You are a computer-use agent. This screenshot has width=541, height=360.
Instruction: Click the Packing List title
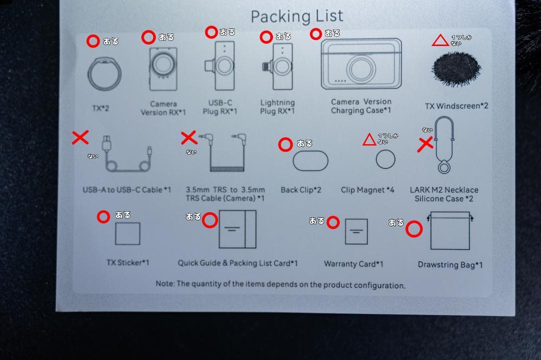click(x=297, y=17)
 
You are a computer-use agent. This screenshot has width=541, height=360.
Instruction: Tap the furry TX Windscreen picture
click(x=456, y=69)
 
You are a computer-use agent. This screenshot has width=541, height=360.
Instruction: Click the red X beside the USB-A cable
click(x=80, y=137)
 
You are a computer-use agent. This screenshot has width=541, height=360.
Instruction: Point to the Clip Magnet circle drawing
click(x=385, y=159)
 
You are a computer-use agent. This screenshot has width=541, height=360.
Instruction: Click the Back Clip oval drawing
click(x=311, y=161)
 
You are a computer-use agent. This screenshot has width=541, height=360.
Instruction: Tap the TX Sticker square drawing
click(x=128, y=233)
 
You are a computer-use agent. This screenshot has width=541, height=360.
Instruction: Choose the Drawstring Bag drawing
click(x=450, y=230)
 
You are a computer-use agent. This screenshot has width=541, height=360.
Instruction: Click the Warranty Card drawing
click(x=357, y=231)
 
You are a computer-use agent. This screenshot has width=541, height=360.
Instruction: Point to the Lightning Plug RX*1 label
click(x=278, y=107)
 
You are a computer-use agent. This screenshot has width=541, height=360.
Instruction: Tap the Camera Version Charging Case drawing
click(x=361, y=64)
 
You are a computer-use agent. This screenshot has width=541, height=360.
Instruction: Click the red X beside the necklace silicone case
click(x=425, y=144)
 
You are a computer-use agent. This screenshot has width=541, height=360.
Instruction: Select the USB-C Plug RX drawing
click(x=220, y=66)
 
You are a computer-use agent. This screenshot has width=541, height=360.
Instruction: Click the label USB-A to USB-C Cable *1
click(x=127, y=190)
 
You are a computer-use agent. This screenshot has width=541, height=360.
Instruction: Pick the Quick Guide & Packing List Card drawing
click(x=238, y=229)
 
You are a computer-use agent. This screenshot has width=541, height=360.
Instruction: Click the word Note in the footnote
click(x=165, y=283)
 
